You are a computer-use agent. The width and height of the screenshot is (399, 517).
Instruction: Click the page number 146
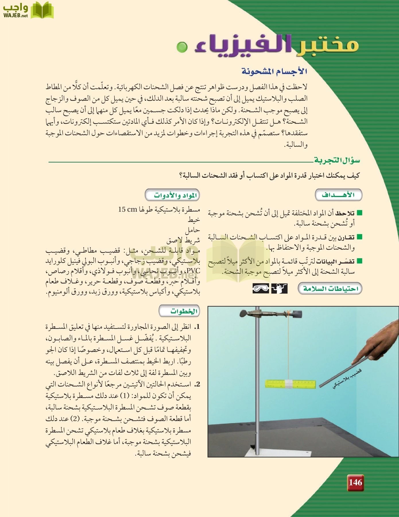pyautogui.click(x=355, y=482)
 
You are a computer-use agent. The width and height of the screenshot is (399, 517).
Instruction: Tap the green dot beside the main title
pyautogui.click(x=181, y=47)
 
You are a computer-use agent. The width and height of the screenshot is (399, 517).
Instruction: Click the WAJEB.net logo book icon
pyautogui.click(x=42, y=10)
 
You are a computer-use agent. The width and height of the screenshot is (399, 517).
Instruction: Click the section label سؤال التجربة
pyautogui.click(x=337, y=160)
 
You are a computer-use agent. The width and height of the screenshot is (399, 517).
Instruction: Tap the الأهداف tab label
pyautogui.click(x=338, y=195)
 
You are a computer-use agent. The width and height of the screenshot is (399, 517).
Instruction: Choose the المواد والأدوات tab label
pyautogui.click(x=175, y=195)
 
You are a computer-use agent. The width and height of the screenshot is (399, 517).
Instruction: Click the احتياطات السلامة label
pyautogui.click(x=330, y=289)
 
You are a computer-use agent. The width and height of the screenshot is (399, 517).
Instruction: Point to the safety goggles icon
pyautogui.click(x=261, y=289)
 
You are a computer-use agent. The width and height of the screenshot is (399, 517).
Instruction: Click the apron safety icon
pyautogui.click(x=279, y=289)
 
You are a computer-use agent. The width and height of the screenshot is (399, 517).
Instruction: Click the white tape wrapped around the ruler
pyautogui.click(x=290, y=384)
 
